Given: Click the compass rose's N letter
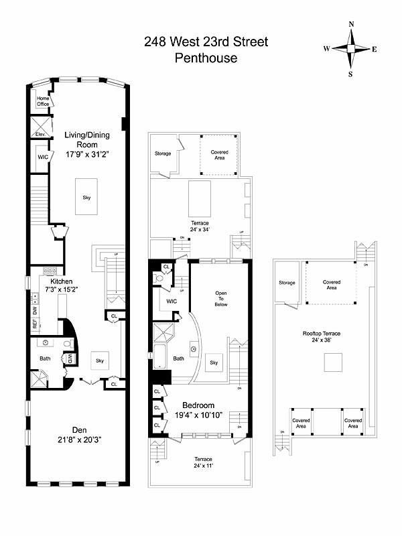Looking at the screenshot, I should (x=351, y=24).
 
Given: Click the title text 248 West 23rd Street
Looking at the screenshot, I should (x=206, y=42).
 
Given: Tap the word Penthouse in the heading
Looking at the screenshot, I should (x=206, y=58).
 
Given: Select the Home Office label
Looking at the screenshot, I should (x=43, y=101).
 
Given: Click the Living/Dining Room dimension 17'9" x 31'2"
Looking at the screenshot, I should (x=86, y=153).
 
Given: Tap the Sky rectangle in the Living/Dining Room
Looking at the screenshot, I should (x=86, y=197).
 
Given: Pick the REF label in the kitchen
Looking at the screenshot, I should (x=35, y=323).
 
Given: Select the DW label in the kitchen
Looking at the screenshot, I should (x=35, y=310).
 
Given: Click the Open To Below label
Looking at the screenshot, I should (x=221, y=299).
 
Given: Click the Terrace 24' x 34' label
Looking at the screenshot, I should (x=199, y=226).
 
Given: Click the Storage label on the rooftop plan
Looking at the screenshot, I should (x=287, y=283).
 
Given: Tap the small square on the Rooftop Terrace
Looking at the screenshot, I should (x=332, y=362).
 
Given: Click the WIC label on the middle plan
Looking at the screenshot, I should (x=171, y=301).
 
